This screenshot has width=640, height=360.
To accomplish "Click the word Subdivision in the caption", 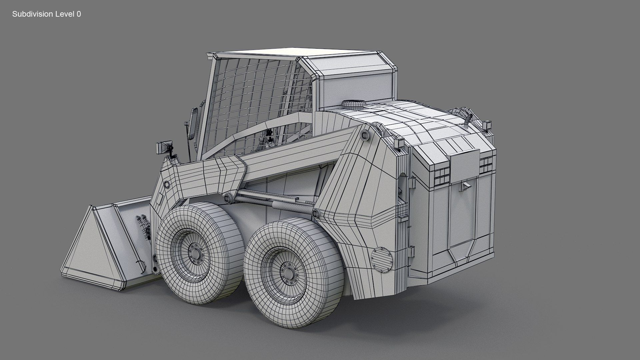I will click(32, 14).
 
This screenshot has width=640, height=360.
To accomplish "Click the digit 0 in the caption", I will click(79, 14).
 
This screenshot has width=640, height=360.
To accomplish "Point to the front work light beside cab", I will click(164, 147).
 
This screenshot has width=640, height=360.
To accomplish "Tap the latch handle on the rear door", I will click(465, 187).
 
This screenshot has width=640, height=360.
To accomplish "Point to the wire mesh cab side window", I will click(257, 100).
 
